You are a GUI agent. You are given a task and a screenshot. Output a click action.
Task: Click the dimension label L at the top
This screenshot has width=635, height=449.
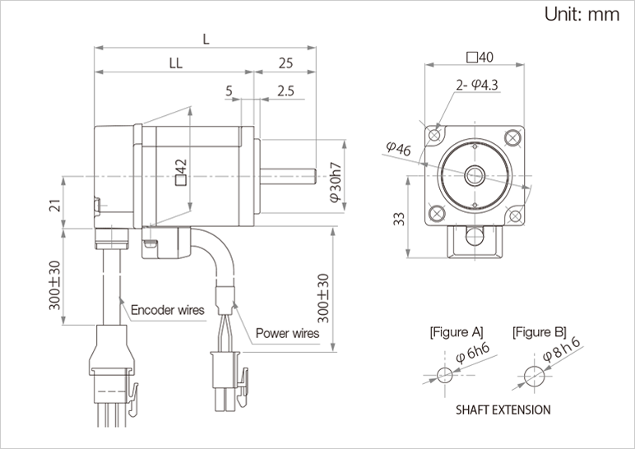point(205,39)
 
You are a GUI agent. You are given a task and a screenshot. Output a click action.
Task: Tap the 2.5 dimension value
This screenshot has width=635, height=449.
point(286,90)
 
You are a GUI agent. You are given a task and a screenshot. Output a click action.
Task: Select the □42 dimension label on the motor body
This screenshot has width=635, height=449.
point(183,174)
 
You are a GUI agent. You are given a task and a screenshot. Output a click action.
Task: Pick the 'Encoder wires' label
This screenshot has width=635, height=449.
point(168,310)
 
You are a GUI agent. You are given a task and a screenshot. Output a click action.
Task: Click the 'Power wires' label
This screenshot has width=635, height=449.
point(287,333)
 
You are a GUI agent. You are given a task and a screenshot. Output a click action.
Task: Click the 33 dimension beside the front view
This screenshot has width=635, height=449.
point(398,218)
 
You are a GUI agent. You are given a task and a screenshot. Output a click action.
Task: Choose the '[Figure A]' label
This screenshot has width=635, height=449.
point(456,332)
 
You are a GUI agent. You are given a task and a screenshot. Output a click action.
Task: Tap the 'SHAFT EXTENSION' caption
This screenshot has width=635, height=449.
point(503,409)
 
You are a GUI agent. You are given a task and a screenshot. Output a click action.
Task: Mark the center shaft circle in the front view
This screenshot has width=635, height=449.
point(475,174)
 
